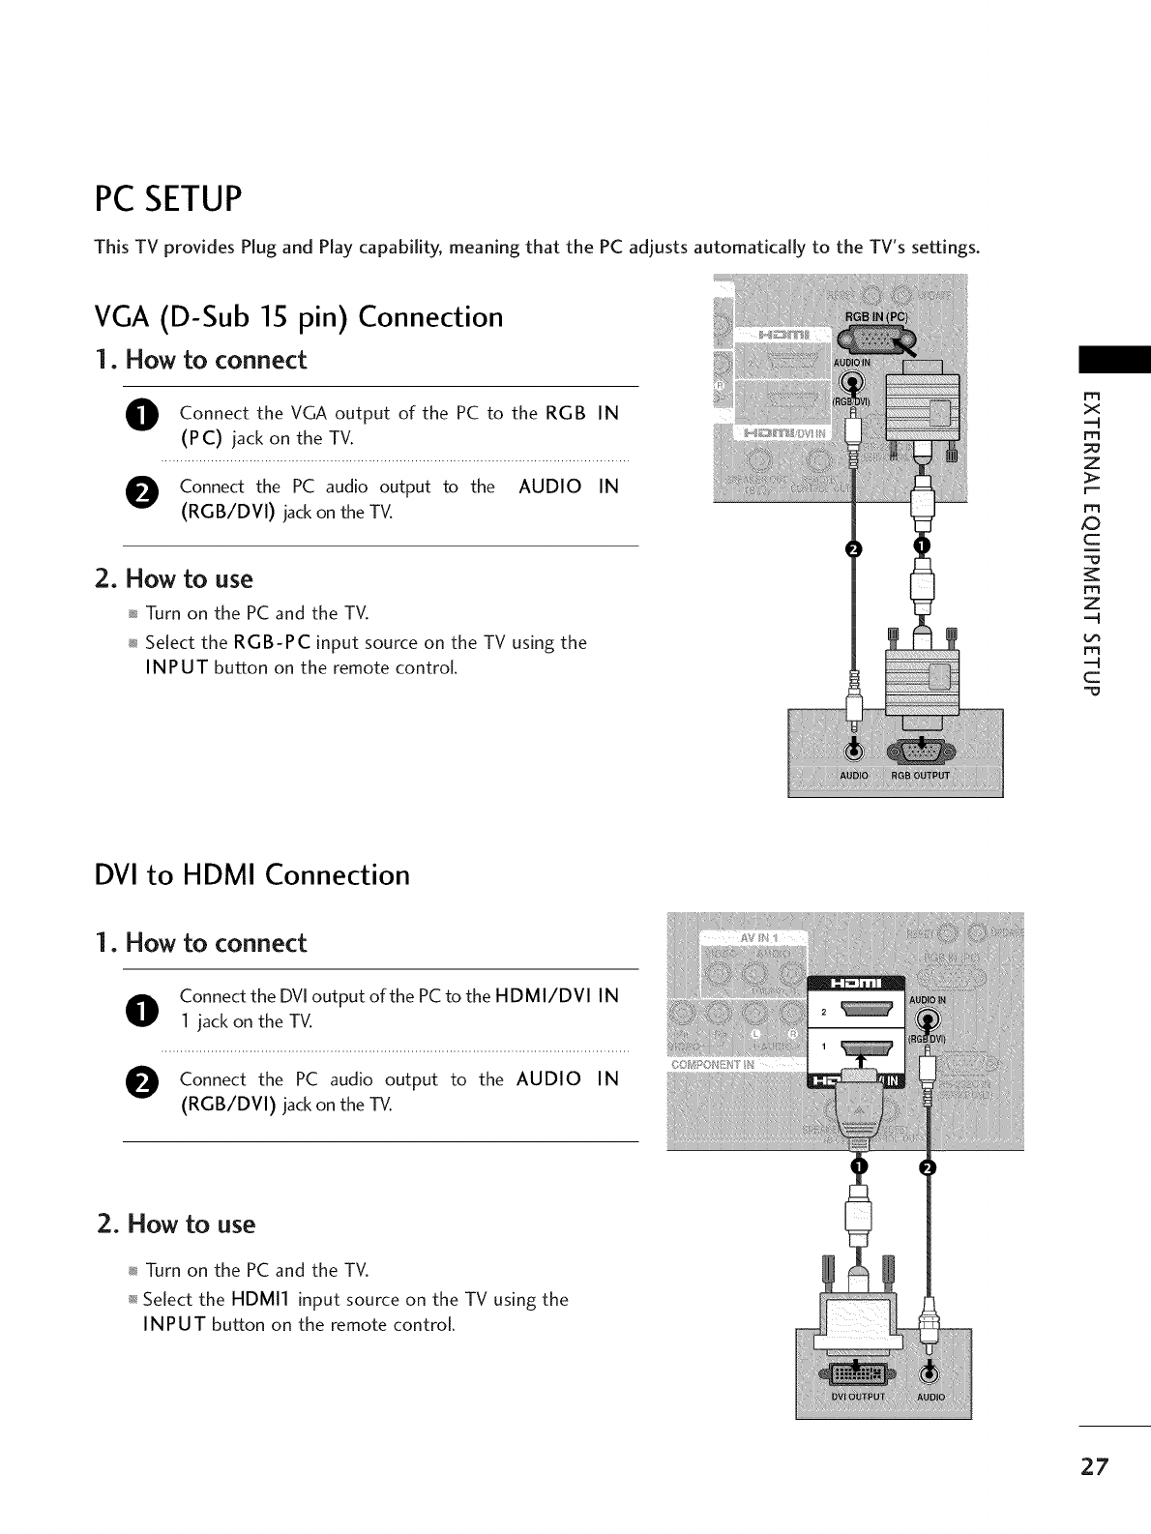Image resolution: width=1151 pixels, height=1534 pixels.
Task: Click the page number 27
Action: (1096, 1465)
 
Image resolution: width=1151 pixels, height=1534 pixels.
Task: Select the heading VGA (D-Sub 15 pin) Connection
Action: (299, 317)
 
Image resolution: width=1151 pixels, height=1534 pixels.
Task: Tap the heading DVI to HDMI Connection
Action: (251, 875)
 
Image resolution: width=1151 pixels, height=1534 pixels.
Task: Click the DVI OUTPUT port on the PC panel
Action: (855, 1373)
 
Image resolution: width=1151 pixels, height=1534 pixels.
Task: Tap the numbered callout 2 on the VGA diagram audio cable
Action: (852, 550)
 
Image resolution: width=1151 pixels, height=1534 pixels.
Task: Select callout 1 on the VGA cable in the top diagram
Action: (921, 546)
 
